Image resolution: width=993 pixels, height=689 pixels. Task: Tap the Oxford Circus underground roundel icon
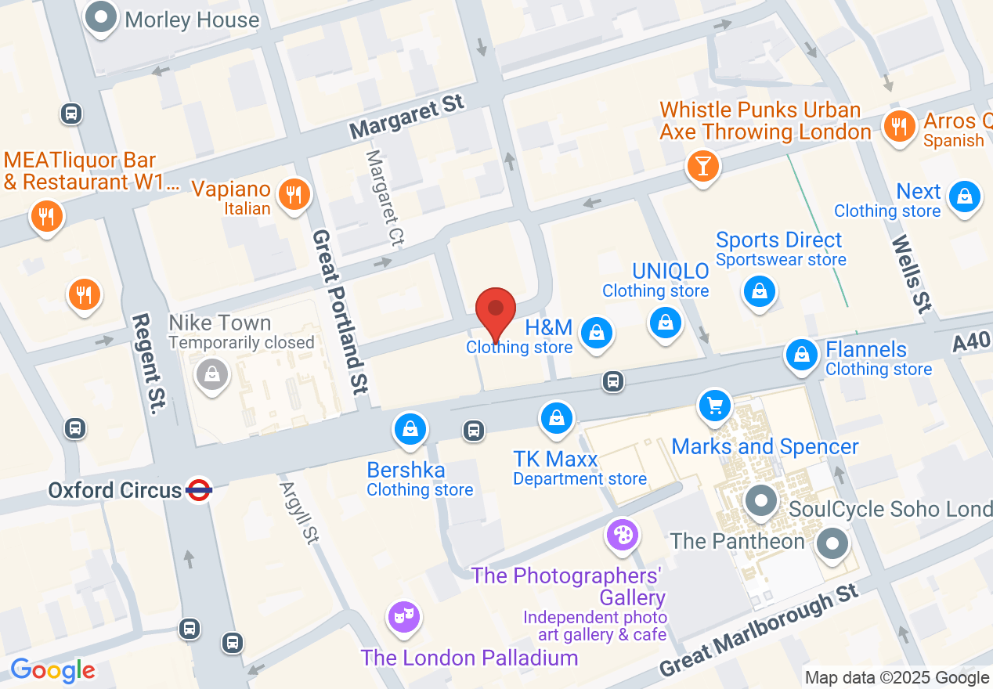pyautogui.click(x=199, y=490)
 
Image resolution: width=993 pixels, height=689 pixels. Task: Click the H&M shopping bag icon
pyautogui.click(x=598, y=333)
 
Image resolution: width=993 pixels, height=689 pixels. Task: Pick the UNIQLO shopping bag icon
pyautogui.click(x=665, y=322)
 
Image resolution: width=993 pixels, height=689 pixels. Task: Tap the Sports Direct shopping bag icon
pyautogui.click(x=759, y=292)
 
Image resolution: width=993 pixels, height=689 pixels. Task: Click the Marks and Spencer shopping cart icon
pyautogui.click(x=714, y=406)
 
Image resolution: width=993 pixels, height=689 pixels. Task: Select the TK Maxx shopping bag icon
pyautogui.click(x=556, y=417)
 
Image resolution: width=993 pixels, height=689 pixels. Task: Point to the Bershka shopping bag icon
pyautogui.click(x=410, y=428)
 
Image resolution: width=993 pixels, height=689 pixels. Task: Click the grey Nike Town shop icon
pyautogui.click(x=211, y=374)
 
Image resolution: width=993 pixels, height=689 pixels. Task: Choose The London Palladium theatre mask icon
pyautogui.click(x=404, y=617)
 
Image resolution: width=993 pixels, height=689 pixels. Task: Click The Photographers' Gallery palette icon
pyautogui.click(x=623, y=536)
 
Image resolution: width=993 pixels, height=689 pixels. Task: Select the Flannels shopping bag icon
pyautogui.click(x=802, y=355)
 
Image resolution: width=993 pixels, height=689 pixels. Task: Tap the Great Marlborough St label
pyautogui.click(x=759, y=631)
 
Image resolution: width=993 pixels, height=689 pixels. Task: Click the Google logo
pyautogui.click(x=52, y=670)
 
